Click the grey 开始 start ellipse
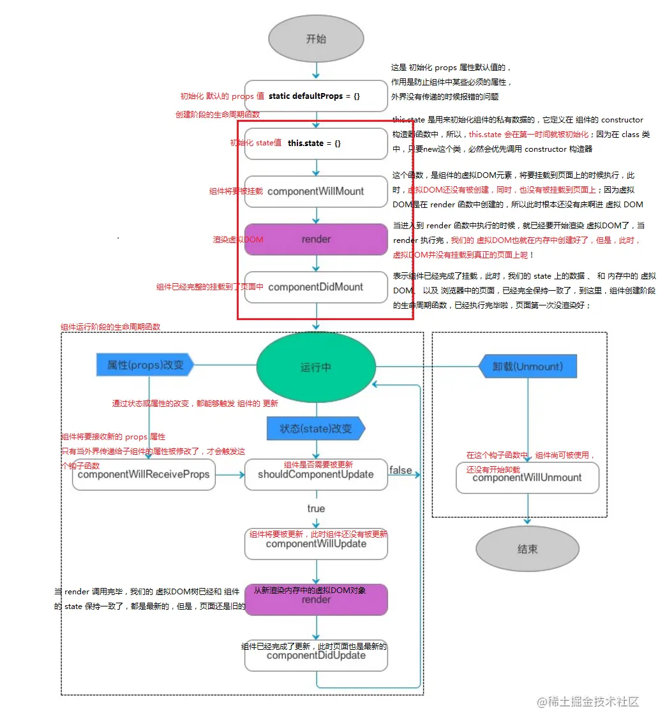316,39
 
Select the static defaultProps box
316,96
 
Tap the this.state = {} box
316,143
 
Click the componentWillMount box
316,191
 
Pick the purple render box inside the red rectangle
316,239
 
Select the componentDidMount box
316,287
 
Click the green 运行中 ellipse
316,367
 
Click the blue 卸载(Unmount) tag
528,367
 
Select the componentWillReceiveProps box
144,475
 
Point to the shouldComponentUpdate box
316,475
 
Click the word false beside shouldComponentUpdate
400,470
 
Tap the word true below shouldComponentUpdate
316,508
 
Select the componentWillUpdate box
316,544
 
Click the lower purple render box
316,600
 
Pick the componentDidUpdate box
316,656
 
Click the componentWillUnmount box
527,478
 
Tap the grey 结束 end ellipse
527,549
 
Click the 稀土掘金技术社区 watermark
588,702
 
